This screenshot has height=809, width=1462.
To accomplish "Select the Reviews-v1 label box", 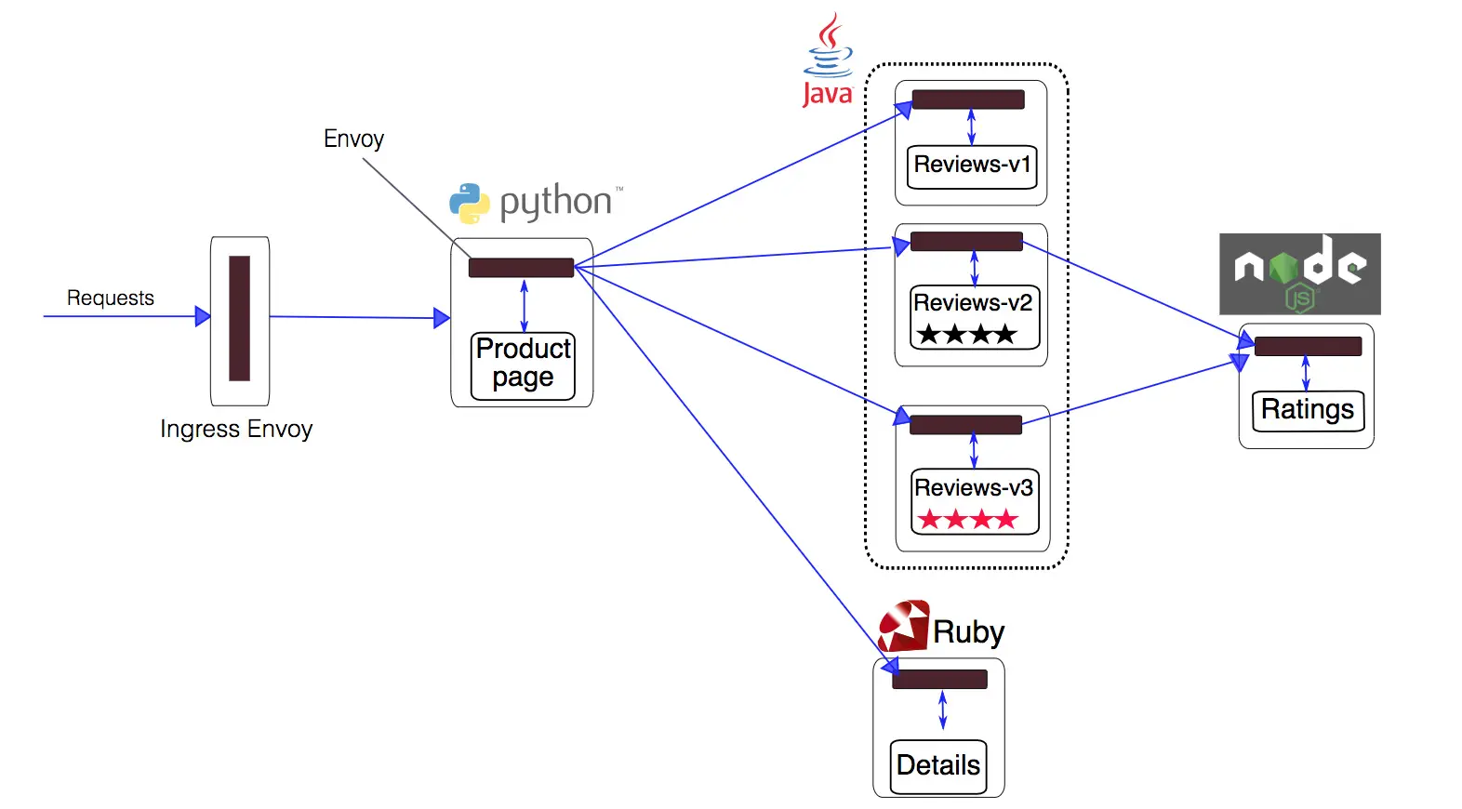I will point(971,166).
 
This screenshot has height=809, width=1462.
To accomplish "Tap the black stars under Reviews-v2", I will point(966,334).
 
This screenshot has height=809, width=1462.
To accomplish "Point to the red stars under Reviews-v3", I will point(968,519).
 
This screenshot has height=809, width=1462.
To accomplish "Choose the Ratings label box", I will point(1308,410).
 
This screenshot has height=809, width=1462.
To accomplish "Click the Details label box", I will point(937,766).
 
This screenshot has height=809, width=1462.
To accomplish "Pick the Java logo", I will point(827,61).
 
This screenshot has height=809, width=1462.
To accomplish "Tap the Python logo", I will point(470,203).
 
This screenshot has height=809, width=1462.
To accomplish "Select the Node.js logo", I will point(1299,273).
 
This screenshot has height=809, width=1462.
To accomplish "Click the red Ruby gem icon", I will point(903,627).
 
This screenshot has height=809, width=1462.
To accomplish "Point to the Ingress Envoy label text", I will point(236,429).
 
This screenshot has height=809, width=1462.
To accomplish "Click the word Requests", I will point(111,298).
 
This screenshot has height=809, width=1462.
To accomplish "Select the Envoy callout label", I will point(353,139).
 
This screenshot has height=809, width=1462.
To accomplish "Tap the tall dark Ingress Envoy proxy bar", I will point(240,318).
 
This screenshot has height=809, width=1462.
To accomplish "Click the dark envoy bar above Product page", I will point(521,268).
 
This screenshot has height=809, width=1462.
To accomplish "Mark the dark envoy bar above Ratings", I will point(1308,347).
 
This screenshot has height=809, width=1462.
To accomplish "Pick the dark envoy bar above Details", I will point(939,680).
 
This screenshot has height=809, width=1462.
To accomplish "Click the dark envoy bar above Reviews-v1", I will point(968,99).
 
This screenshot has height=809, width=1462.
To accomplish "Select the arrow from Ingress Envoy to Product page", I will point(359,318).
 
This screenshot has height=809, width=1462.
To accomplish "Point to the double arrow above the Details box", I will point(942,710).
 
